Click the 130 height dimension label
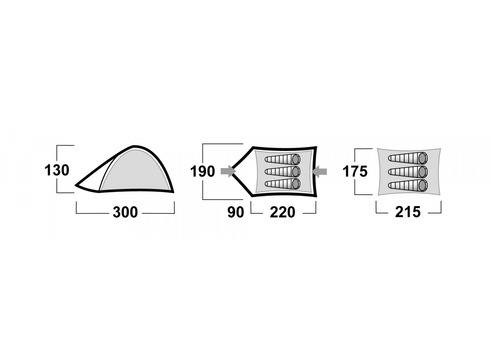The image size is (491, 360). (57, 170)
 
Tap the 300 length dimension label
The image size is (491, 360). (125, 212)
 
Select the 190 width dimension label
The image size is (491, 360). (202, 171)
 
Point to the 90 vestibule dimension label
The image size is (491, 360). (236, 212)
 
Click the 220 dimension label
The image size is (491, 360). (283, 212)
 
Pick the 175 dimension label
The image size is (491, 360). (355, 171)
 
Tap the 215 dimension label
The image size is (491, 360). (408, 212)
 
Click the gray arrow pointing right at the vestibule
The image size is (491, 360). (228, 171)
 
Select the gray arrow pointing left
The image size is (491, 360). (319, 171)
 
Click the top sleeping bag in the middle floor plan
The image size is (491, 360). (282, 159)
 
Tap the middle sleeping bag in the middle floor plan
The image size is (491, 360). (282, 171)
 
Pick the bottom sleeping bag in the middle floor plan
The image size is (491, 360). (282, 184)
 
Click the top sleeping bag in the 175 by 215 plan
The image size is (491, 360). (408, 158)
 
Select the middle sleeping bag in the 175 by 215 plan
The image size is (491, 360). (408, 172)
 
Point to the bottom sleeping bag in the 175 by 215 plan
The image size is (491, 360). (408, 185)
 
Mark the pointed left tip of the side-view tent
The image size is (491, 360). (76, 185)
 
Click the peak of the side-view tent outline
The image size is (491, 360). (134, 146)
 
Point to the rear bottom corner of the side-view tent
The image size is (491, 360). (173, 192)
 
